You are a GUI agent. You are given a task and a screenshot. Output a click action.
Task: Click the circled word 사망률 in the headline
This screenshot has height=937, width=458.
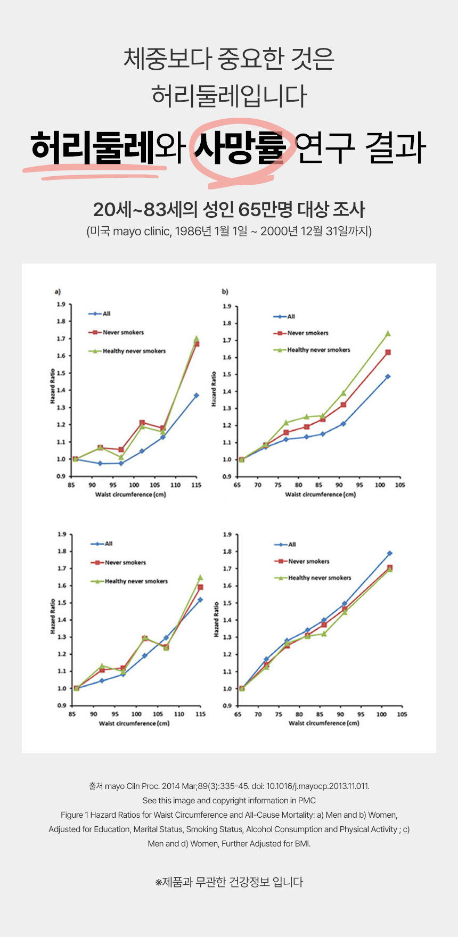point(240,148)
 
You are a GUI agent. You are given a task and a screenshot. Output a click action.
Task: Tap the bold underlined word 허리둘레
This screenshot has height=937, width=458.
point(93,148)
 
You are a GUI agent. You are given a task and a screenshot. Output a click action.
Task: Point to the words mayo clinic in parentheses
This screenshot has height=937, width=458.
point(141,232)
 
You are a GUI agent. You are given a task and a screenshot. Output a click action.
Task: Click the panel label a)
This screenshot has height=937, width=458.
point(58,292)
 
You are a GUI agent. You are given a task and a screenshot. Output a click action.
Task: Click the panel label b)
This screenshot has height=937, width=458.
point(225,292)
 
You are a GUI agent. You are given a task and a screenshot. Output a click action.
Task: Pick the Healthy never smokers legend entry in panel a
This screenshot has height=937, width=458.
point(134,351)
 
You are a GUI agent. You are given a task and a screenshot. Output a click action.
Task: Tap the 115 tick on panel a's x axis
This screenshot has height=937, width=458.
point(196,485)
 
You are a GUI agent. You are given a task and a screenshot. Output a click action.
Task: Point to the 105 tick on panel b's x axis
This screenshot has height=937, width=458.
point(400,485)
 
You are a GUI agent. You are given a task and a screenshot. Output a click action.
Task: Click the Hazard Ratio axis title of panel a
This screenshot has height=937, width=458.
point(53,386)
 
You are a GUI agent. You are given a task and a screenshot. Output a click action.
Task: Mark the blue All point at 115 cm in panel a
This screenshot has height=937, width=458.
point(196,396)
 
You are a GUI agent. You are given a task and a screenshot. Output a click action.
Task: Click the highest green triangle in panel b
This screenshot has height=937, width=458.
point(388,334)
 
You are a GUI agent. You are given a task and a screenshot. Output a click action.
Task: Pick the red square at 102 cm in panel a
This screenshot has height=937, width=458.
point(142,423)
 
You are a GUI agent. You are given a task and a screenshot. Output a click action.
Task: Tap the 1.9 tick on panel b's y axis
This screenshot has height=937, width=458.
point(227,307)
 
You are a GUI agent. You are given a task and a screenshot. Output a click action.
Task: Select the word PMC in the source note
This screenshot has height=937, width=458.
point(307,801)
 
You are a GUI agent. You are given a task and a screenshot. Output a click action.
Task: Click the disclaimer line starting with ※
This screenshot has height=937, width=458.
point(229,882)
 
